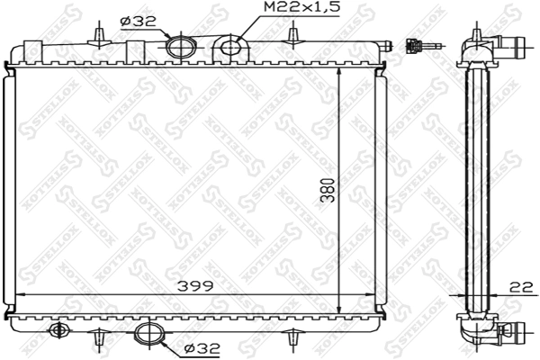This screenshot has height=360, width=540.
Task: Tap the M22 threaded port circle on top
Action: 231,47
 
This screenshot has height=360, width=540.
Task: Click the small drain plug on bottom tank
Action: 59,329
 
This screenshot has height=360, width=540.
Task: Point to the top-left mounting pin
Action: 96,34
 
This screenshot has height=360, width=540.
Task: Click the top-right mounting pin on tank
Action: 291,34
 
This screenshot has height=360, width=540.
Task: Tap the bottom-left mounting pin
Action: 96,340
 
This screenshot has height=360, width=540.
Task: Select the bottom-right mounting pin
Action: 291,340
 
